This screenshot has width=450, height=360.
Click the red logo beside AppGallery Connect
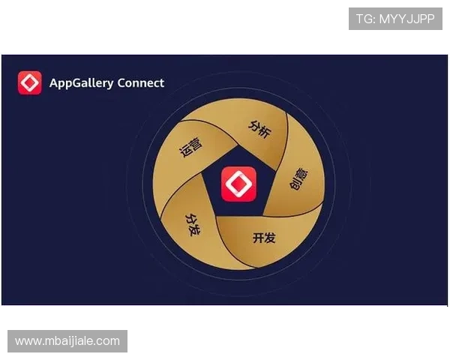(30, 82)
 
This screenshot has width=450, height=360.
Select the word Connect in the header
(141, 82)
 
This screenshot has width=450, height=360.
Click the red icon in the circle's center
(238, 184)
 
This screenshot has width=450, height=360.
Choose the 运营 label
(190, 147)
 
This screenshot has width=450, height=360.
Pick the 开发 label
(264, 238)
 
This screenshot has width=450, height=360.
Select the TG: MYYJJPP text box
(395, 19)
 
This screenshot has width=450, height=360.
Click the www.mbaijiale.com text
(67, 341)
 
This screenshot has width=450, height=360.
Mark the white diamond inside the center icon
(238, 184)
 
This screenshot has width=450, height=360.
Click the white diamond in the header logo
(30, 82)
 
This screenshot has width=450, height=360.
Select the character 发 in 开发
(270, 238)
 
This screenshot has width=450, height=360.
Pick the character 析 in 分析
(265, 130)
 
